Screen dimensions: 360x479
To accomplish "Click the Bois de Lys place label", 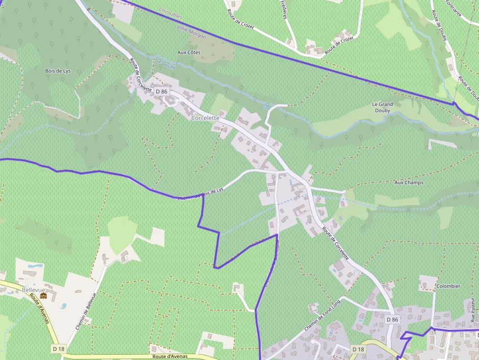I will pyautogui.click(x=58, y=71).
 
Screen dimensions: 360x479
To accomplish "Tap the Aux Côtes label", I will pyautogui.click(x=189, y=52).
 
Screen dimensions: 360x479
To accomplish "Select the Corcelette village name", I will pyautogui.click(x=205, y=118).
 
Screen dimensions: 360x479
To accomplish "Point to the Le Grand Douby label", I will pyautogui.click(x=382, y=107).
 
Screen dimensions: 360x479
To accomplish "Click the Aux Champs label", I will pyautogui.click(x=409, y=183).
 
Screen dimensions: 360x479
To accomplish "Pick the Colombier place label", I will pyautogui.click(x=448, y=286).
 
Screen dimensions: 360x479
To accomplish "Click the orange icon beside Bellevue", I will pyautogui.click(x=44, y=296).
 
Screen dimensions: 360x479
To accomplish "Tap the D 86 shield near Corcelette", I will pyautogui.click(x=161, y=91).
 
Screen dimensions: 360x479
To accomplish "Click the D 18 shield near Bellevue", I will pyautogui.click(x=58, y=348).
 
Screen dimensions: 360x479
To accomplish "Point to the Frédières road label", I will pyautogui.click(x=284, y=9).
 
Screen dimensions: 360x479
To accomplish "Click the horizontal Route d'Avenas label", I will pyautogui.click(x=170, y=357).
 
